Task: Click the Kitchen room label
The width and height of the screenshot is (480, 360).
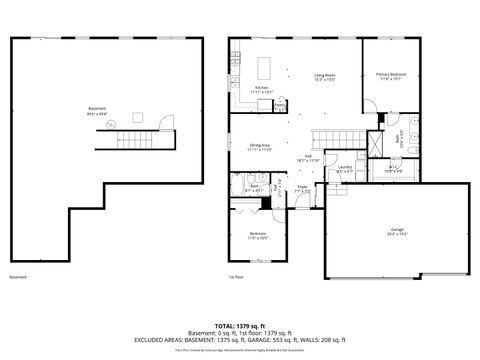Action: pos(261,89)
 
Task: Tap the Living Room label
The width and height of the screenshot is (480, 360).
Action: pos(325,77)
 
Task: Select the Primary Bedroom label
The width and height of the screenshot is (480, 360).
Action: pos(388,77)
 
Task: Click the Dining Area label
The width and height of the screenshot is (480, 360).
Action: pos(260,147)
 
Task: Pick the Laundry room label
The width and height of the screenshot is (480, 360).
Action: pos(344,169)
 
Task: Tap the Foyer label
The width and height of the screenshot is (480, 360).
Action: pos(301,187)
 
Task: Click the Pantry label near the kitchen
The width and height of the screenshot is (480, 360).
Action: pos(281,107)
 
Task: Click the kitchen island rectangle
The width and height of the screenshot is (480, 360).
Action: pos(266,68)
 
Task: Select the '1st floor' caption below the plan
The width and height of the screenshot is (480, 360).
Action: pos(237,277)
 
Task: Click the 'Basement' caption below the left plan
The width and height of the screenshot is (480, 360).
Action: pos(18,277)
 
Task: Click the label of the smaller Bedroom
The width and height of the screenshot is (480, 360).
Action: pos(258,235)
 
